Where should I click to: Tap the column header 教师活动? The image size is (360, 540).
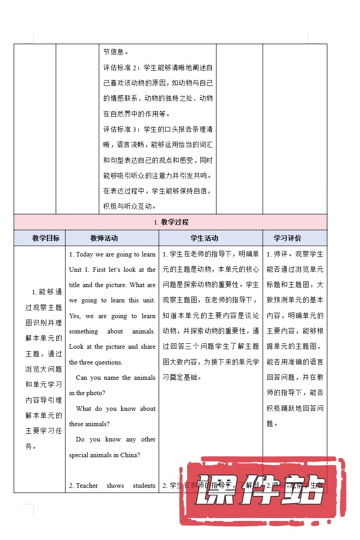(x=104, y=238)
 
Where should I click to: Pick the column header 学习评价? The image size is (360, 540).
(x=288, y=238)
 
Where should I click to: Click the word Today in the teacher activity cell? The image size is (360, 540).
(x=85, y=254)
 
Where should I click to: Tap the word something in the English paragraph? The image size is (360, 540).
(x=83, y=331)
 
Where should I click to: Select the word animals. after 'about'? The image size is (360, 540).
(x=144, y=331)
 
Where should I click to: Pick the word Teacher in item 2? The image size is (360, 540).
(x=87, y=486)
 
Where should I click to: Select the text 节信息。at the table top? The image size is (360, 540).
(x=116, y=52)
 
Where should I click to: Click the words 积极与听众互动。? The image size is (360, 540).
(x=130, y=206)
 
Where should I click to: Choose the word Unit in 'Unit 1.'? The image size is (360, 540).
(x=75, y=270)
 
